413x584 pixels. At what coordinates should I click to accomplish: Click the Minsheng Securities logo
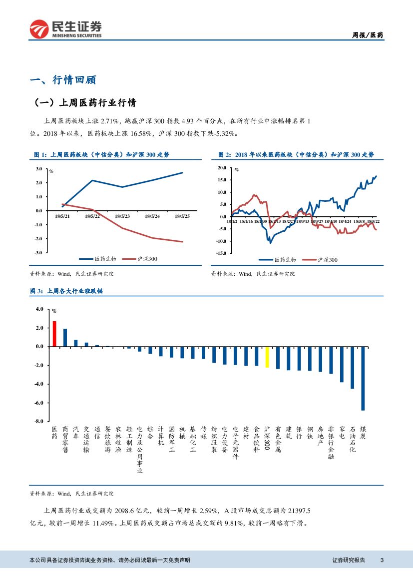[65, 29]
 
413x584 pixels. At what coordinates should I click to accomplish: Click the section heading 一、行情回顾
[63, 80]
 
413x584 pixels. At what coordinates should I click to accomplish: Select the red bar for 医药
[54, 334]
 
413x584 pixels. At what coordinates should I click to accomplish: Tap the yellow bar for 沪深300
[267, 357]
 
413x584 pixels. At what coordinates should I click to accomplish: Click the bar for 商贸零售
[65, 337]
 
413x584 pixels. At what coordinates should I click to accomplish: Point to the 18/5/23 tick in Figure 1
[122, 216]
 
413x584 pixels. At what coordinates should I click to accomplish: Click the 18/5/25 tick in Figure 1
[182, 216]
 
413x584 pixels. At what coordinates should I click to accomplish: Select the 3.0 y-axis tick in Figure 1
[38, 169]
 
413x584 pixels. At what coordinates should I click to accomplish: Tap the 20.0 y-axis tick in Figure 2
[222, 168]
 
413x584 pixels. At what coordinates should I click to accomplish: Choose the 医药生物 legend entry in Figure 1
[98, 259]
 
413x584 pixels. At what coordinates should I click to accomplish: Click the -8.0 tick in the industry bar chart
[39, 421]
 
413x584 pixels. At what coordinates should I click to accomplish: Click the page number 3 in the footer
[382, 560]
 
